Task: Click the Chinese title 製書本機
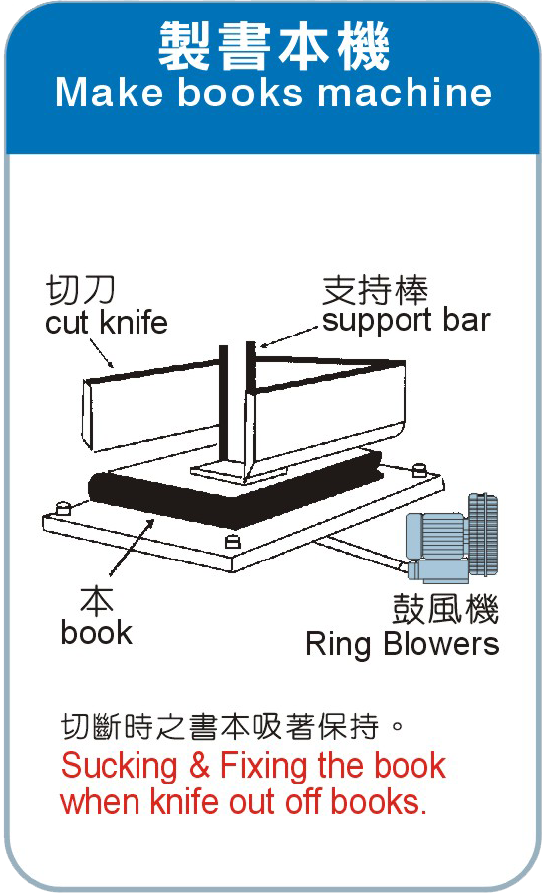pyautogui.click(x=273, y=46)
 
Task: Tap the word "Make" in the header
pyautogui.click(x=110, y=92)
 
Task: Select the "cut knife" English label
pyautogui.click(x=107, y=322)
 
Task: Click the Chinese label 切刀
pyautogui.click(x=80, y=289)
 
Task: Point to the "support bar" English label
pyautogui.click(x=407, y=320)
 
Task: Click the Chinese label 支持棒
pyautogui.click(x=375, y=290)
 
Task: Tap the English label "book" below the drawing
pyautogui.click(x=96, y=632)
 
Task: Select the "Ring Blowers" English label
pyautogui.click(x=403, y=644)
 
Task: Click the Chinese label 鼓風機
pyautogui.click(x=445, y=609)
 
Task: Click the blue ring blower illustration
pyautogui.click(x=452, y=538)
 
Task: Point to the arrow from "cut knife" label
pyautogui.click(x=102, y=353)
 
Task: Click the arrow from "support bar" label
pyautogui.click(x=288, y=336)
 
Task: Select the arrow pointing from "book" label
pyautogui.click(x=131, y=546)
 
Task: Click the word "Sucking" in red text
pyautogui.click(x=119, y=766)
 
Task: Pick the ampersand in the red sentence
pyautogui.click(x=199, y=765)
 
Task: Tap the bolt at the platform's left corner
pyautogui.click(x=63, y=508)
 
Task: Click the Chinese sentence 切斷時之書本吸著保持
pyautogui.click(x=220, y=727)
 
